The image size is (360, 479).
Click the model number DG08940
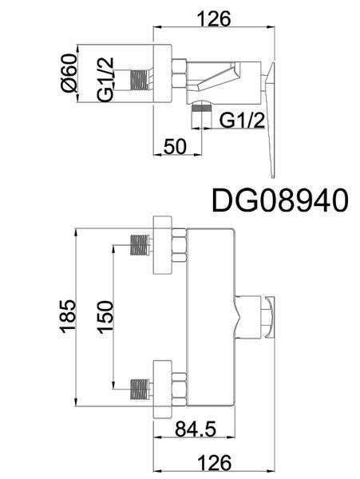tap(279, 200)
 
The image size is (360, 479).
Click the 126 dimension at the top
tap(215, 19)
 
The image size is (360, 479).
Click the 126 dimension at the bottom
tap(215, 463)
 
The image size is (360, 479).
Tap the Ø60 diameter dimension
tap(69, 73)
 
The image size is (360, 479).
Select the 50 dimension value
tap(175, 146)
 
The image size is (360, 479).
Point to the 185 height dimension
tap(68, 316)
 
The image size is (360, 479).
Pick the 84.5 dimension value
tap(196, 429)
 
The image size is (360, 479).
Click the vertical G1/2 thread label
tap(105, 79)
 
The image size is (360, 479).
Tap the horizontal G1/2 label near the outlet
tap(242, 121)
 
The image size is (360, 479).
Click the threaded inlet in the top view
tap(141, 81)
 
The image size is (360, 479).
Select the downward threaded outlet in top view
tap(201, 116)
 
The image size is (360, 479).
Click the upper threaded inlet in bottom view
tap(141, 245)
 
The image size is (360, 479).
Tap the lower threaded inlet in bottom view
tap(141, 389)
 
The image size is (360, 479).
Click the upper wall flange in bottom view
tap(163, 245)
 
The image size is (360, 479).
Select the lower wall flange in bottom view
tap(163, 390)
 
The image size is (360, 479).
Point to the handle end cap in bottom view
tap(270, 317)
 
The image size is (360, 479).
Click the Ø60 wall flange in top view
tap(163, 73)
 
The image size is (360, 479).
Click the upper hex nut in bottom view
tap(180, 245)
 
